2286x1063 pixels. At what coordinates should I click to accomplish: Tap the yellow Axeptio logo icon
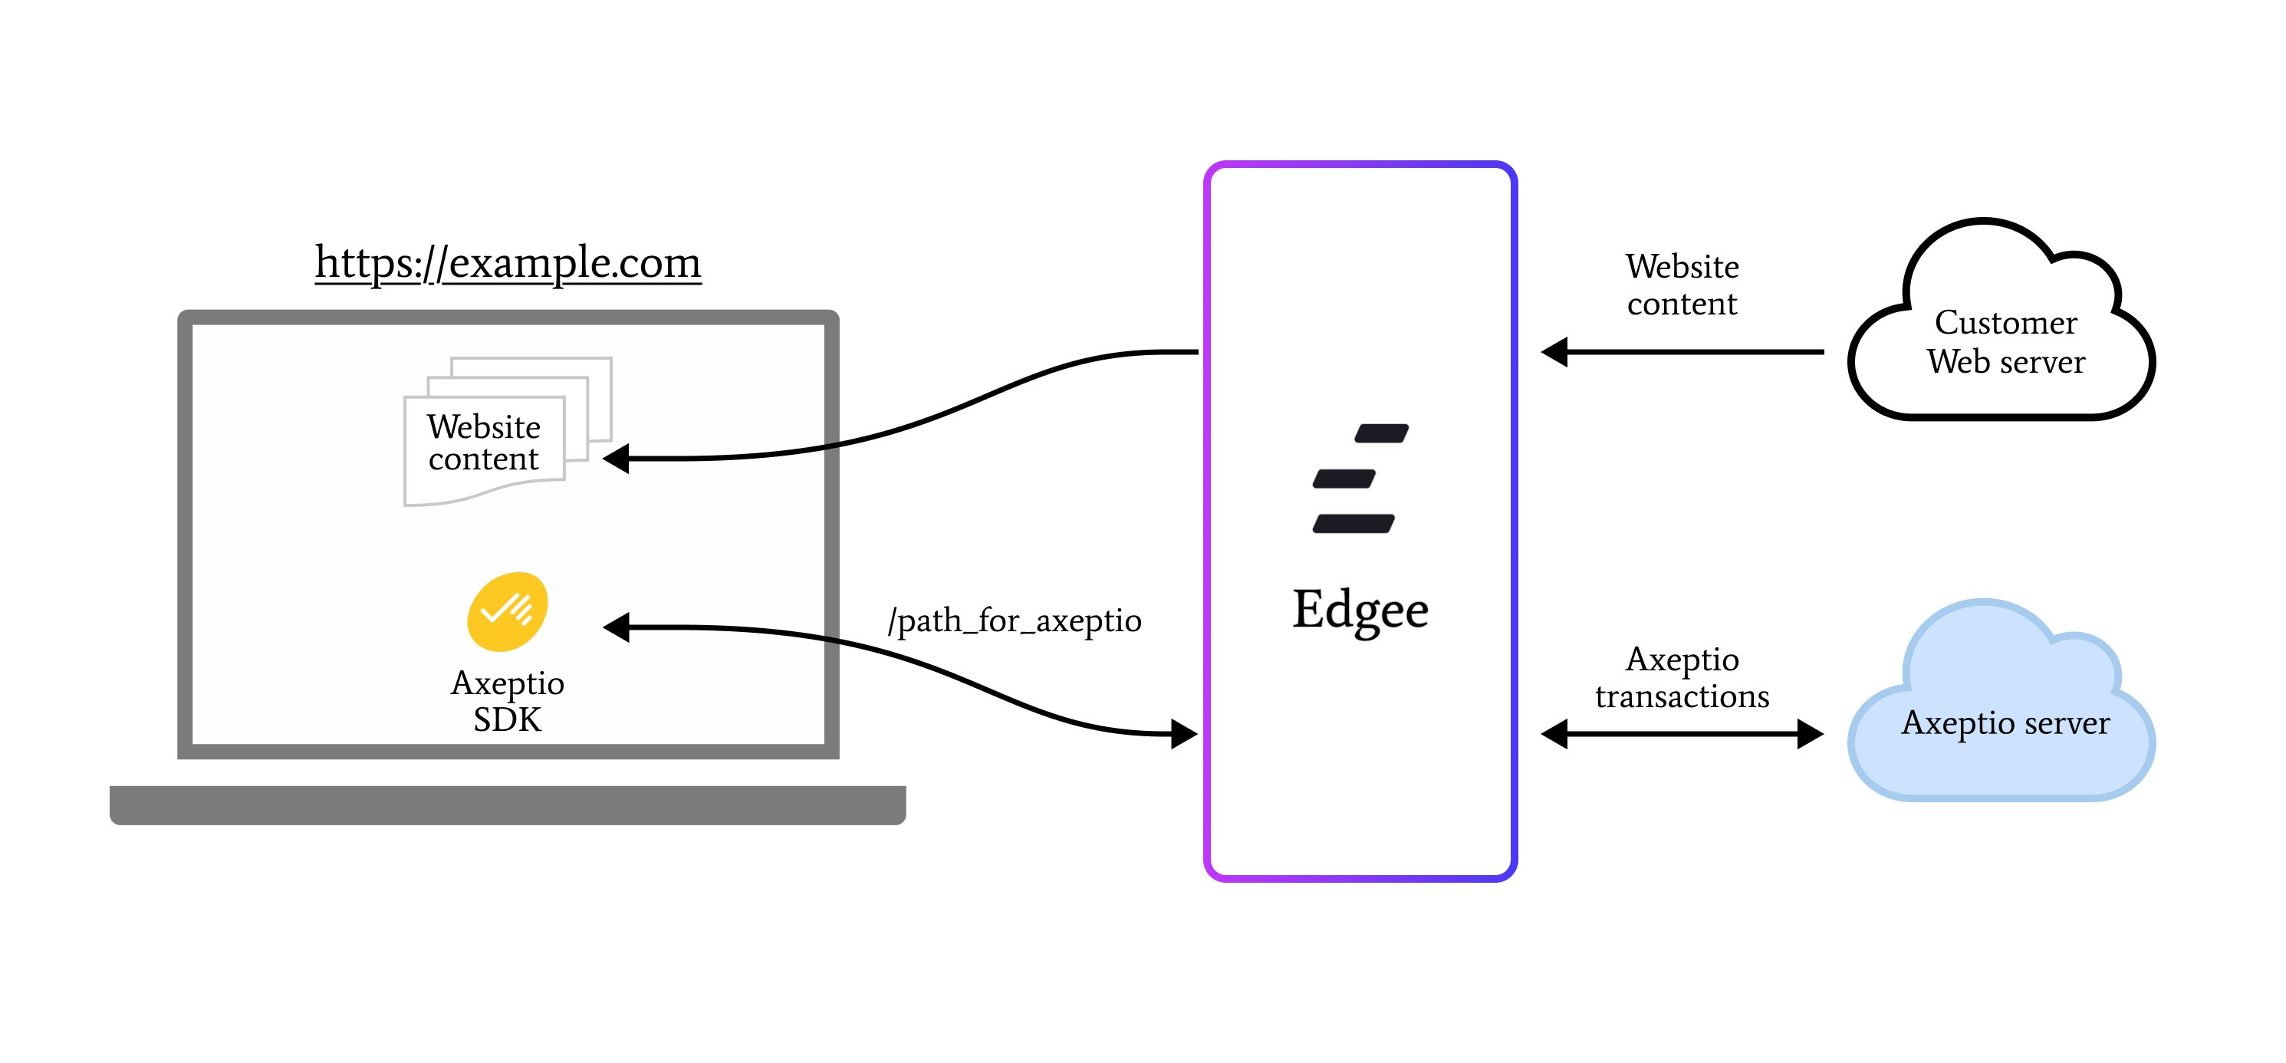tap(508, 611)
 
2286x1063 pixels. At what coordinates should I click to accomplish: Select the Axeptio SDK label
tap(508, 701)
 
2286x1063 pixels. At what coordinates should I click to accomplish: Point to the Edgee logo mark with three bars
tap(1359, 479)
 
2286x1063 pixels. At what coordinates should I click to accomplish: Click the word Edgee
tap(1360, 610)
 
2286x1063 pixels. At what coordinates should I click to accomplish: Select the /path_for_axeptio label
tap(1015, 621)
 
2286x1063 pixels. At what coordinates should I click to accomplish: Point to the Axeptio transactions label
tap(1682, 678)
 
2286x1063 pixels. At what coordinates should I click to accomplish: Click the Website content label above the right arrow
tap(1682, 285)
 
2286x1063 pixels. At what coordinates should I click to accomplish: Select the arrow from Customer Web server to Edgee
tap(1686, 352)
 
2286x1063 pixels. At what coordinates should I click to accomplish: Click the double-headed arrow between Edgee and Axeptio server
tap(1682, 735)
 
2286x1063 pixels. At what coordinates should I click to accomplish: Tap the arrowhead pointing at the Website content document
tap(617, 459)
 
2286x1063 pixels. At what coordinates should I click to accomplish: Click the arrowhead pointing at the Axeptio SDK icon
tap(617, 627)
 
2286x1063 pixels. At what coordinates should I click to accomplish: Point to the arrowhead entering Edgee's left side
tap(1184, 735)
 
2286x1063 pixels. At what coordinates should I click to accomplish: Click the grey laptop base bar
tap(508, 805)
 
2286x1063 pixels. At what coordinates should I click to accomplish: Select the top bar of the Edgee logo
tap(1382, 433)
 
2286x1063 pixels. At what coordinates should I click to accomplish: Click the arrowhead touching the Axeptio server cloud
tap(1811, 735)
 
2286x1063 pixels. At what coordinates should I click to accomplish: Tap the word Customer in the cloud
tap(2005, 323)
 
